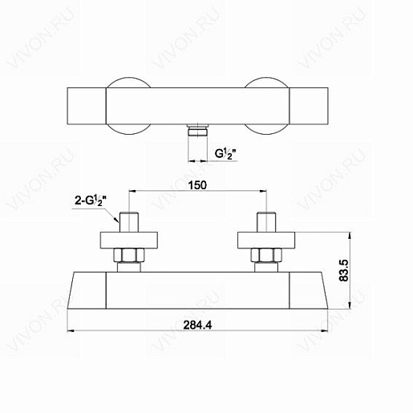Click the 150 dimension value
[x=197, y=185]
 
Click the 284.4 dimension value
[x=197, y=325]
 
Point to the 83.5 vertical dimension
[x=344, y=270]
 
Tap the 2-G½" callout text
[x=91, y=200]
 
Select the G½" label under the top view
[x=225, y=154]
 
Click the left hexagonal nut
[x=129, y=255]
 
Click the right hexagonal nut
[x=266, y=255]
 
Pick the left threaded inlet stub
[x=129, y=222]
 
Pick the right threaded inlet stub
[x=266, y=222]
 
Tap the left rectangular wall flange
[x=129, y=240]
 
